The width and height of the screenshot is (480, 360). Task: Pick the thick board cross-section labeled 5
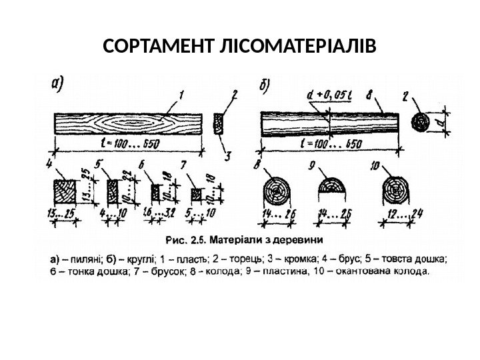pyautogui.click(x=109, y=193)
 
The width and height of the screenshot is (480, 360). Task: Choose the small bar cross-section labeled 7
pyautogui.click(x=195, y=194)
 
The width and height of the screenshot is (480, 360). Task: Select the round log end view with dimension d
pyautogui.click(x=422, y=123)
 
